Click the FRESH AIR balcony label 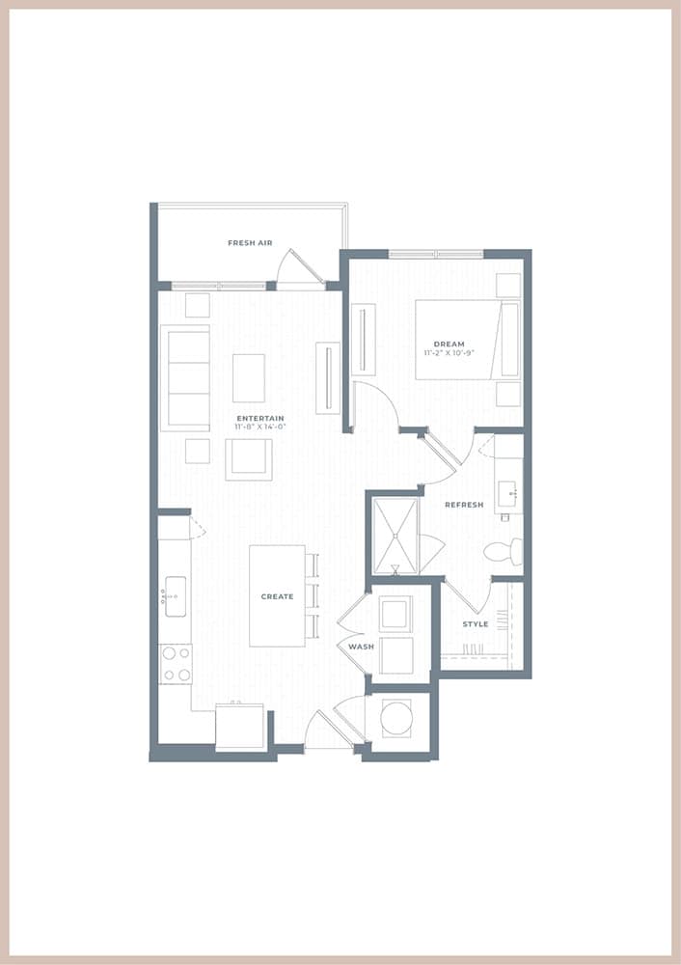pyautogui.click(x=250, y=243)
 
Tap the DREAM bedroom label pyautogui.click(x=449, y=345)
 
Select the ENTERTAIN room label pyautogui.click(x=260, y=419)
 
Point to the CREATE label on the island pyautogui.click(x=277, y=596)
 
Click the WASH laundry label pyautogui.click(x=361, y=647)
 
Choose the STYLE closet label pyautogui.click(x=476, y=624)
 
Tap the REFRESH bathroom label pyautogui.click(x=465, y=505)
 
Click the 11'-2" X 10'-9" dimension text pyautogui.click(x=449, y=353)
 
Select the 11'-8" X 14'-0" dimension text pyautogui.click(x=260, y=427)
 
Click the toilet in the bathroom pyautogui.click(x=504, y=552)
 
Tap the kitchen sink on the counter pyautogui.click(x=175, y=596)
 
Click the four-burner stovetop pyautogui.click(x=176, y=664)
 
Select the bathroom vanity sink pyautogui.click(x=509, y=495)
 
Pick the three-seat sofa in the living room pyautogui.click(x=185, y=378)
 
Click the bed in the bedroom pyautogui.click(x=467, y=340)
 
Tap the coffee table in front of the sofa pyautogui.click(x=249, y=378)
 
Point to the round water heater pyautogui.click(x=395, y=717)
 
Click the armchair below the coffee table pyautogui.click(x=249, y=459)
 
